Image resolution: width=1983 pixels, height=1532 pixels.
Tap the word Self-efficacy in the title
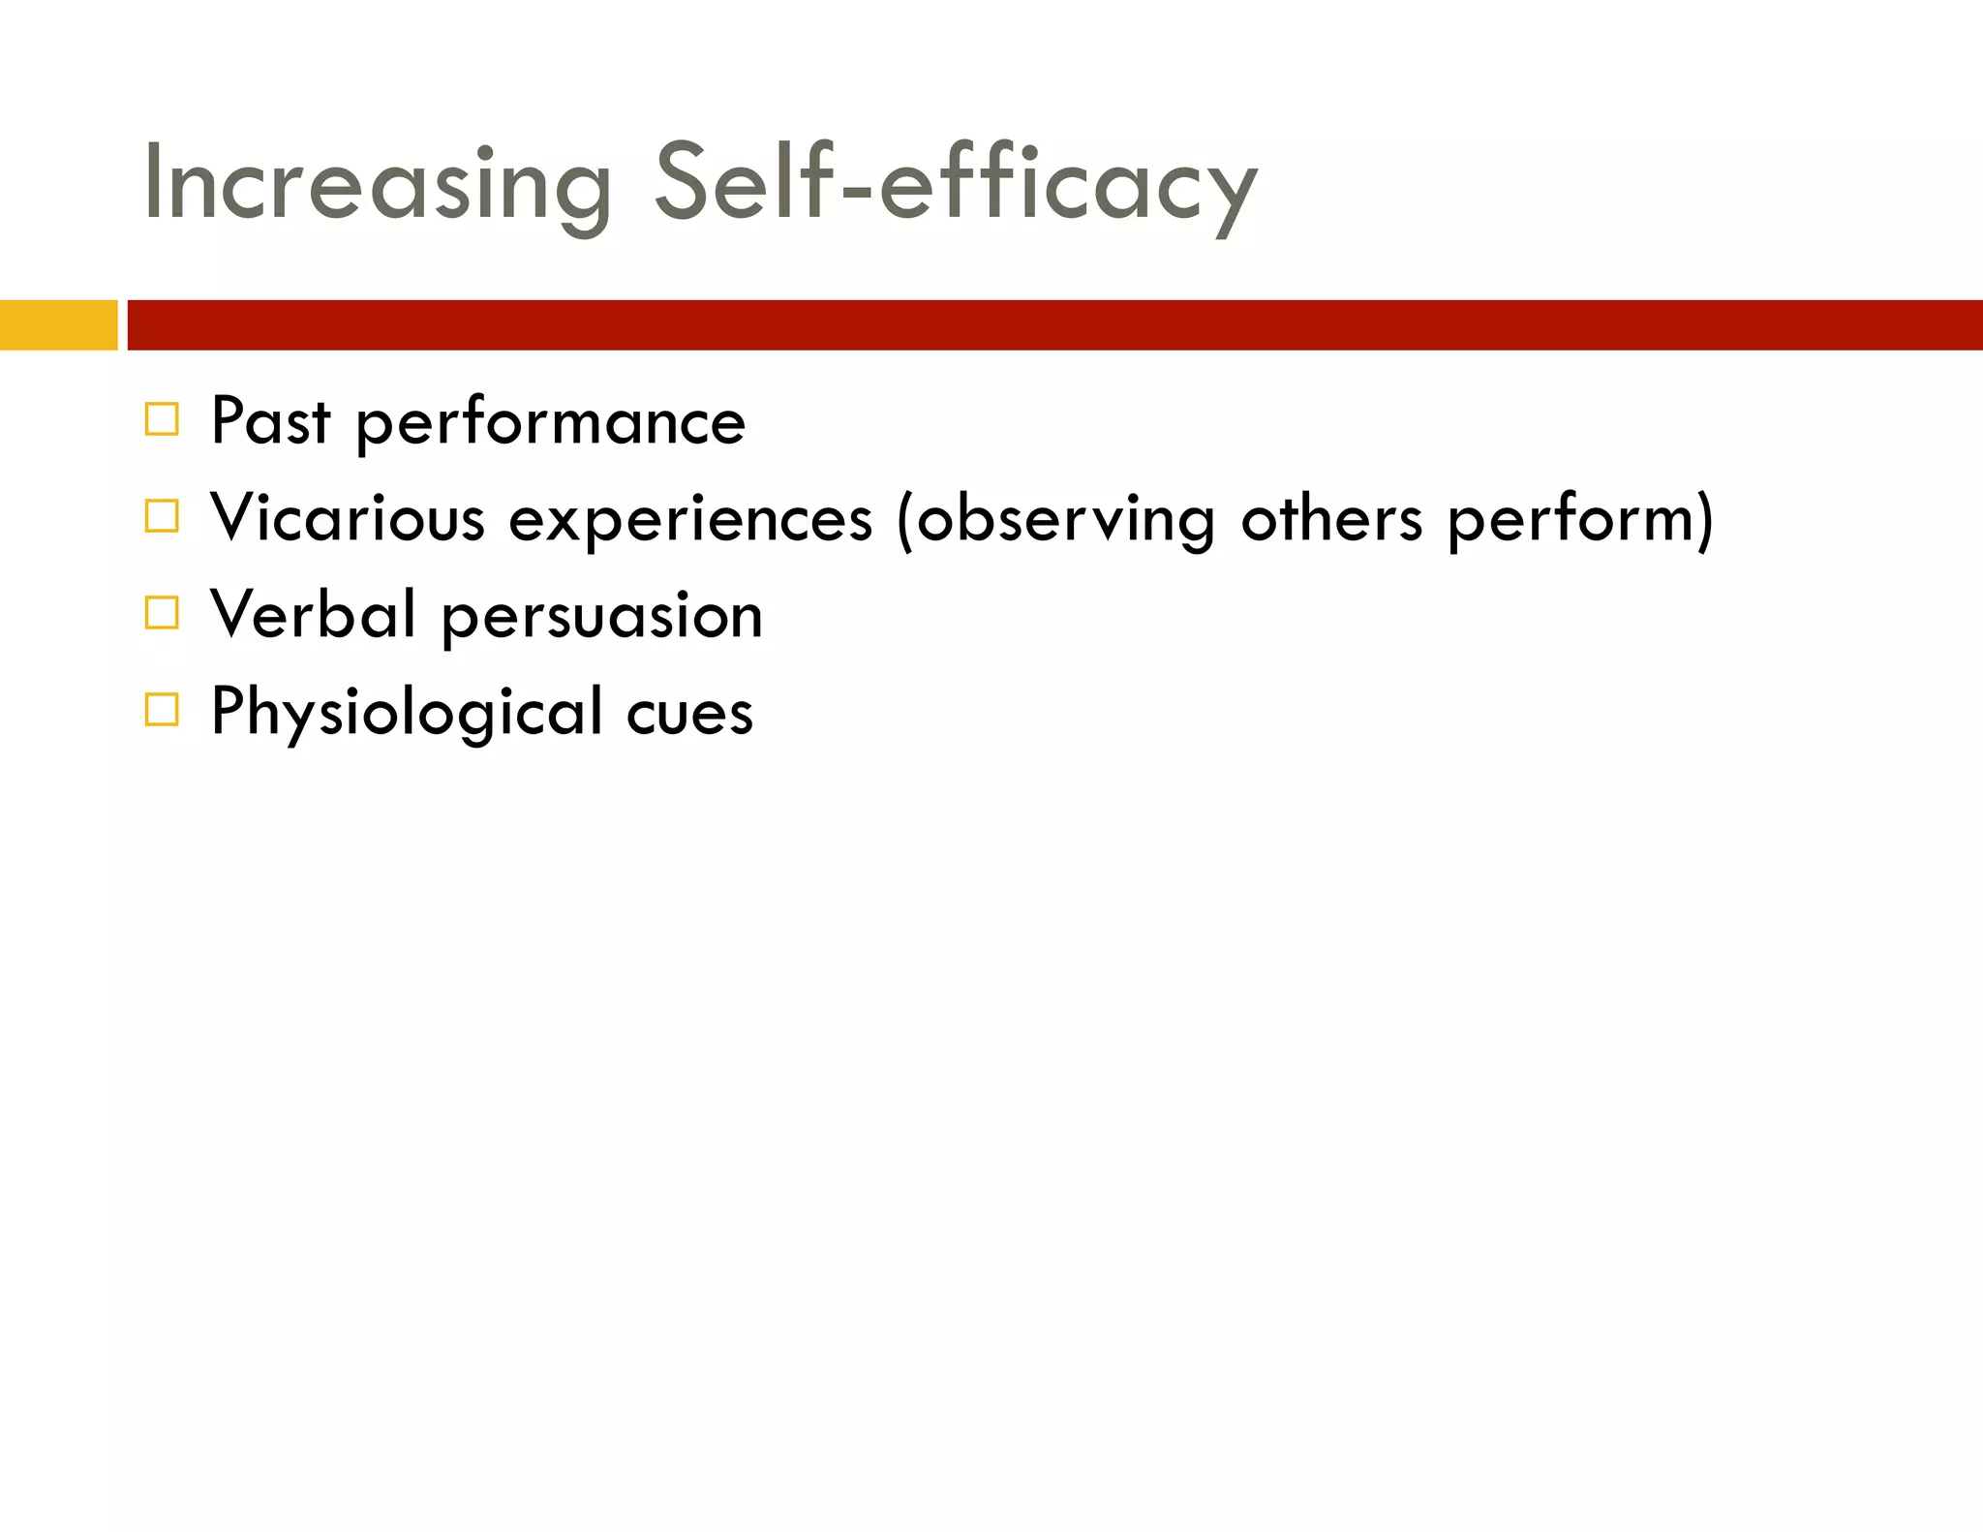[954, 184]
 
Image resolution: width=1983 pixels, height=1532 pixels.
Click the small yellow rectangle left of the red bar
[58, 324]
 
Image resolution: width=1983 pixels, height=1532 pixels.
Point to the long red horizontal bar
[1053, 324]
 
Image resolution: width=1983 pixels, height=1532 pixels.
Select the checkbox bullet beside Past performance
[162, 420]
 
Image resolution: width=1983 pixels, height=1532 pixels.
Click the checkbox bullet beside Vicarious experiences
[162, 516]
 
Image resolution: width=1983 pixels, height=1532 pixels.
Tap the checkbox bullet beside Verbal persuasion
[162, 613]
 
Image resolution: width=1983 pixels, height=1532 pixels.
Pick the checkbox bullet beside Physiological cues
[162, 710]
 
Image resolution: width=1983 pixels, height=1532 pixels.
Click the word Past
[270, 422]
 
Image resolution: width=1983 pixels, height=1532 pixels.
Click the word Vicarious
[347, 518]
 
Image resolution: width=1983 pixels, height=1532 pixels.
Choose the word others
[1331, 519]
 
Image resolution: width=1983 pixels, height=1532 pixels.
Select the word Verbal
[313, 615]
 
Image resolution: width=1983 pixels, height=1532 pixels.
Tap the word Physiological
[407, 713]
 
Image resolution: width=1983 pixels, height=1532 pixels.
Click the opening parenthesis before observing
[904, 520]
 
